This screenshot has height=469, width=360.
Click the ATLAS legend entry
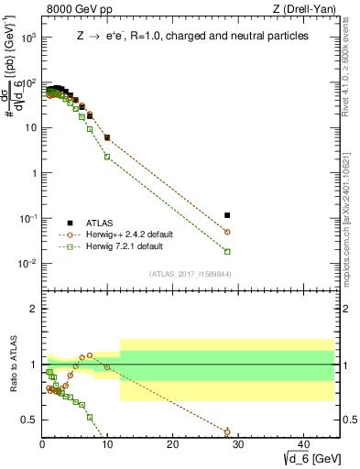tap(100, 223)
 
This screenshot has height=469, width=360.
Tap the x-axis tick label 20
tap(172, 444)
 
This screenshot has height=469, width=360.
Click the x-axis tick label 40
tap(302, 444)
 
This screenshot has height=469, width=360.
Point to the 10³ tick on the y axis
tap(27, 38)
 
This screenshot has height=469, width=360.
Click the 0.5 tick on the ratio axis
tap(29, 420)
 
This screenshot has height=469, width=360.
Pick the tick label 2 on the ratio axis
tap(34, 309)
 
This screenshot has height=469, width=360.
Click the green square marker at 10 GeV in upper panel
tap(107, 157)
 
